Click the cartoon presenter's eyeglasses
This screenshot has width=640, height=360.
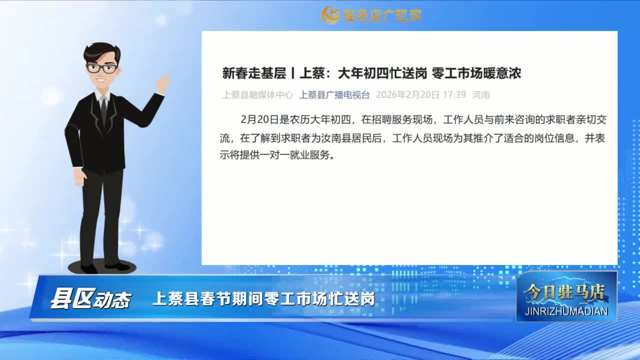tap(101, 68)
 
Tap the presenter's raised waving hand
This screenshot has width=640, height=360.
tap(163, 84)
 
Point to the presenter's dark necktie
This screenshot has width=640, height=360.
tap(103, 111)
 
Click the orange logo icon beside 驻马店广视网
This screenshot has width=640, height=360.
tap(330, 15)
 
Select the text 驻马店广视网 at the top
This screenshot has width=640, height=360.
tap(382, 15)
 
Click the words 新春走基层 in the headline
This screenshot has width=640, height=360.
tap(254, 73)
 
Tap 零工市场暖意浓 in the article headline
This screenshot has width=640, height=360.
tap(476, 73)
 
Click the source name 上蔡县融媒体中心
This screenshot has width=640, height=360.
tap(257, 95)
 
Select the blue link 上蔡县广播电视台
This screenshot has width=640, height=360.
tap(334, 95)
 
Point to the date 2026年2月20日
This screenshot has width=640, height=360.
tap(407, 95)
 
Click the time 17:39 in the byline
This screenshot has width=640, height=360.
tap(454, 95)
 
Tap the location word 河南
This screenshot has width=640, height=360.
tap(481, 95)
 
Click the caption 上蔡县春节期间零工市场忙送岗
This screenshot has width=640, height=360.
tap(263, 299)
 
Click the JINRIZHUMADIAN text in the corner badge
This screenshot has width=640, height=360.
tap(566, 311)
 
